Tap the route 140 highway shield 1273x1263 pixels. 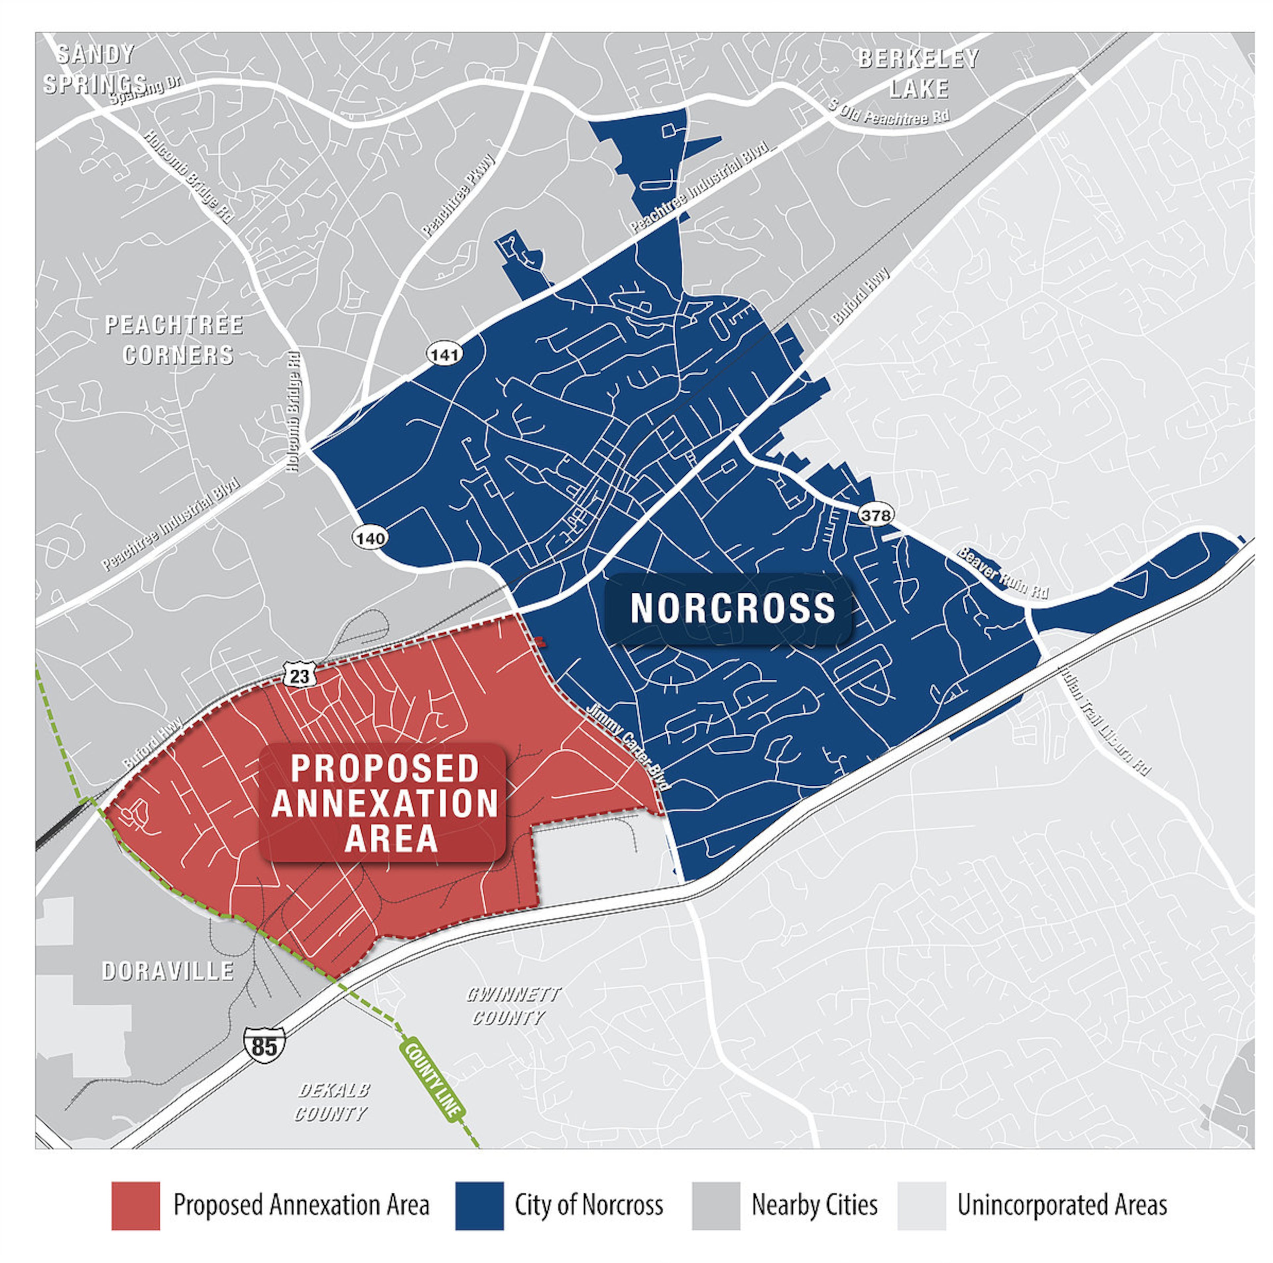[370, 538]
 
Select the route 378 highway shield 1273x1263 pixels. [875, 515]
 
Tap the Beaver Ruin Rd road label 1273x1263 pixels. [1002, 571]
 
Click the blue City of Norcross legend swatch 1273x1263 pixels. [479, 1206]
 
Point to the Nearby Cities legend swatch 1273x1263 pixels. [716, 1206]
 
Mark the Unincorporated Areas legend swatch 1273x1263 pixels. [921, 1206]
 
